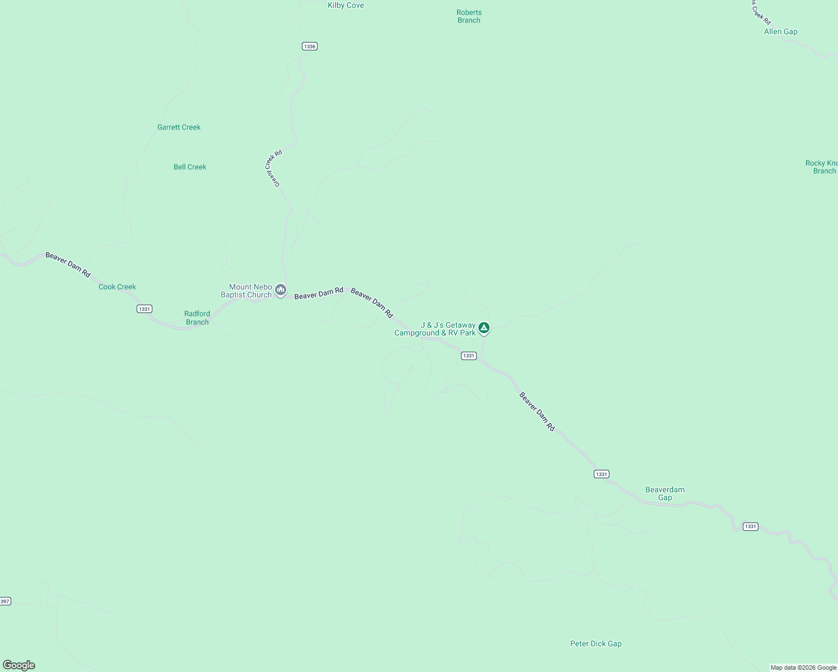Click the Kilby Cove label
(x=346, y=6)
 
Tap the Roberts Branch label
(x=469, y=16)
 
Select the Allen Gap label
(x=780, y=32)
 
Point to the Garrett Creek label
(x=179, y=127)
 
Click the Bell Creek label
(x=190, y=167)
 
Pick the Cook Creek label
(x=117, y=287)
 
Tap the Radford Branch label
(x=197, y=318)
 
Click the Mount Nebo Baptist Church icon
(x=281, y=290)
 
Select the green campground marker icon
(x=484, y=328)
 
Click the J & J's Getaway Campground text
(x=435, y=329)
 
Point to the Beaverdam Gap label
(x=665, y=493)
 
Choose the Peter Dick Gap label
(x=595, y=643)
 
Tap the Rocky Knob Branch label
(x=822, y=167)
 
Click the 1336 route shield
(x=310, y=46)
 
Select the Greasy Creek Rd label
(x=273, y=168)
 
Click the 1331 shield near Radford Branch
(x=145, y=309)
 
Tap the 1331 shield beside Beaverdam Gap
(x=601, y=474)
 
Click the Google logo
(x=19, y=665)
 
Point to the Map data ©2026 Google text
(x=803, y=668)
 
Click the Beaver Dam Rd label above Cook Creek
(x=68, y=264)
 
